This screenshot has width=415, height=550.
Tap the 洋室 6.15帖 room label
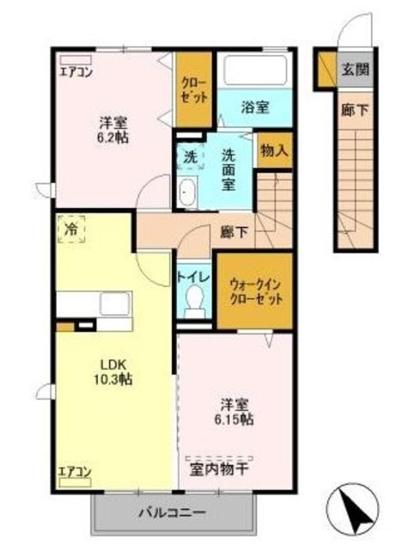235,410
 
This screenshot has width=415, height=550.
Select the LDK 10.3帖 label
112,370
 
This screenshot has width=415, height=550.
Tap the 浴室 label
254,107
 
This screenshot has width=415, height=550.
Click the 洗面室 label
230,168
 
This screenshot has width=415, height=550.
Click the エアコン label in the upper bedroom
76,71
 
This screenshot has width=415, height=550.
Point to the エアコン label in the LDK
76,470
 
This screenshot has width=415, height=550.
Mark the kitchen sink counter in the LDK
95,305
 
